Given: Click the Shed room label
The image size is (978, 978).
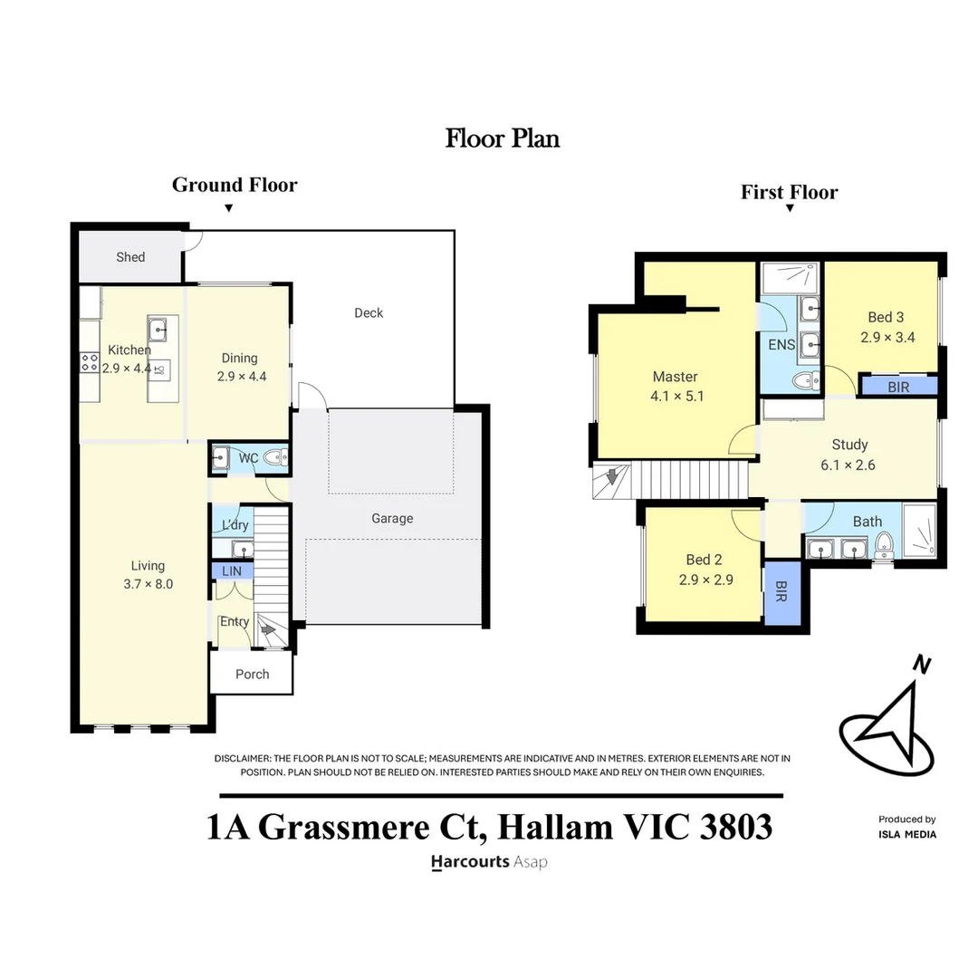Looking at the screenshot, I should coord(130,257).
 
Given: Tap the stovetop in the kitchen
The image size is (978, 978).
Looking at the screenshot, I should coord(90,363).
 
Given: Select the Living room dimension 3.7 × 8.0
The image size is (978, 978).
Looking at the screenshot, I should coord(147,584).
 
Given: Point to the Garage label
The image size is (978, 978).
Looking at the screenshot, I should coord(392,519).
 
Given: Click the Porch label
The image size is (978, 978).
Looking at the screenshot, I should coord(252,674).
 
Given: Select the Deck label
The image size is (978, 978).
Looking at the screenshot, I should coord(369,313).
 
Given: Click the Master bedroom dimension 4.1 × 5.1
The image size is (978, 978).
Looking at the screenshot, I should coord(675,396).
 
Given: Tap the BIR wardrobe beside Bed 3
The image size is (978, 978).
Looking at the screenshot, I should coord(898,386).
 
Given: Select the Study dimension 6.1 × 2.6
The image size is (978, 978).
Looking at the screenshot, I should coord(849,466).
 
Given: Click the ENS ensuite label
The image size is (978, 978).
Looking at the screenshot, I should coord(781,345).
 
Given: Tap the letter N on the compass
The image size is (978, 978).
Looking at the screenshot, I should coord(922,666).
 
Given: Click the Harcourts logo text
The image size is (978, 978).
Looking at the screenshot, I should coord(470,862).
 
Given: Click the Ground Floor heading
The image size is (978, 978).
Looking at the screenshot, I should coord(235,186).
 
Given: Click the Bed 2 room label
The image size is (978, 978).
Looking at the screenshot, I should coord(704,560).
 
